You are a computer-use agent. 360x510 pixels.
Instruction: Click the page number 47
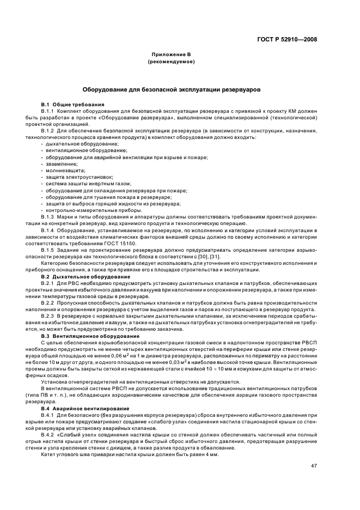tap(314, 465)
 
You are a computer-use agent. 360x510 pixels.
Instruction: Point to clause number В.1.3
tap(48, 216)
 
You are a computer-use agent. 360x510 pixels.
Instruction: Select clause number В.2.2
tap(48, 302)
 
